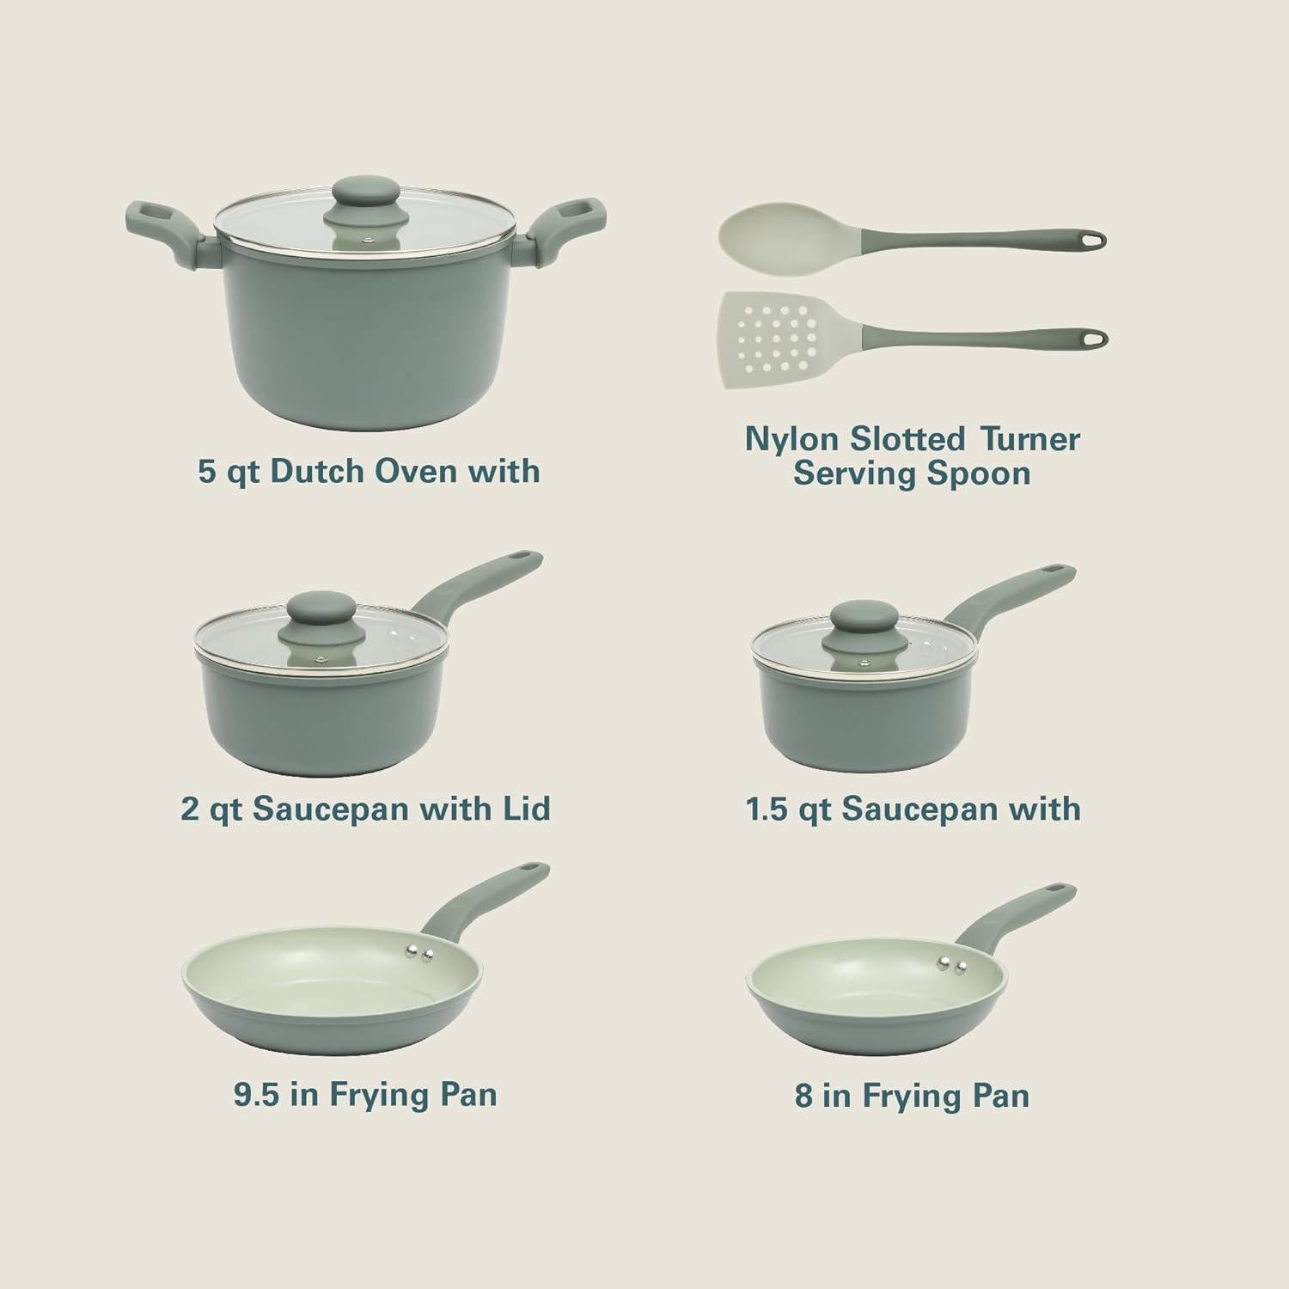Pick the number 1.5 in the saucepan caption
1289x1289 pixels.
[x=767, y=809]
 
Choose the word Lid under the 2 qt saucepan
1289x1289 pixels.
[x=525, y=809]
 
